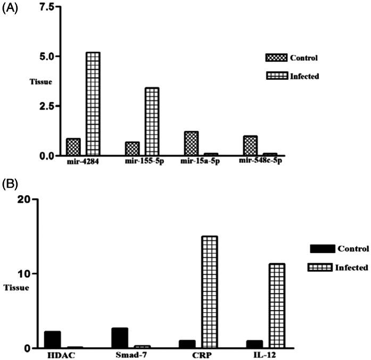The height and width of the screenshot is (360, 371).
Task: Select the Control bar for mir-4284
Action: click(x=73, y=147)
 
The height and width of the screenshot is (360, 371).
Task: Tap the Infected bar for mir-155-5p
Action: click(x=152, y=122)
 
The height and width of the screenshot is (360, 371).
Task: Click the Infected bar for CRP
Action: click(x=209, y=292)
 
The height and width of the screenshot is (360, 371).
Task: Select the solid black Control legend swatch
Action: click(x=322, y=249)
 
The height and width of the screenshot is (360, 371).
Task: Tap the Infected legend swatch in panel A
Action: click(x=276, y=76)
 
